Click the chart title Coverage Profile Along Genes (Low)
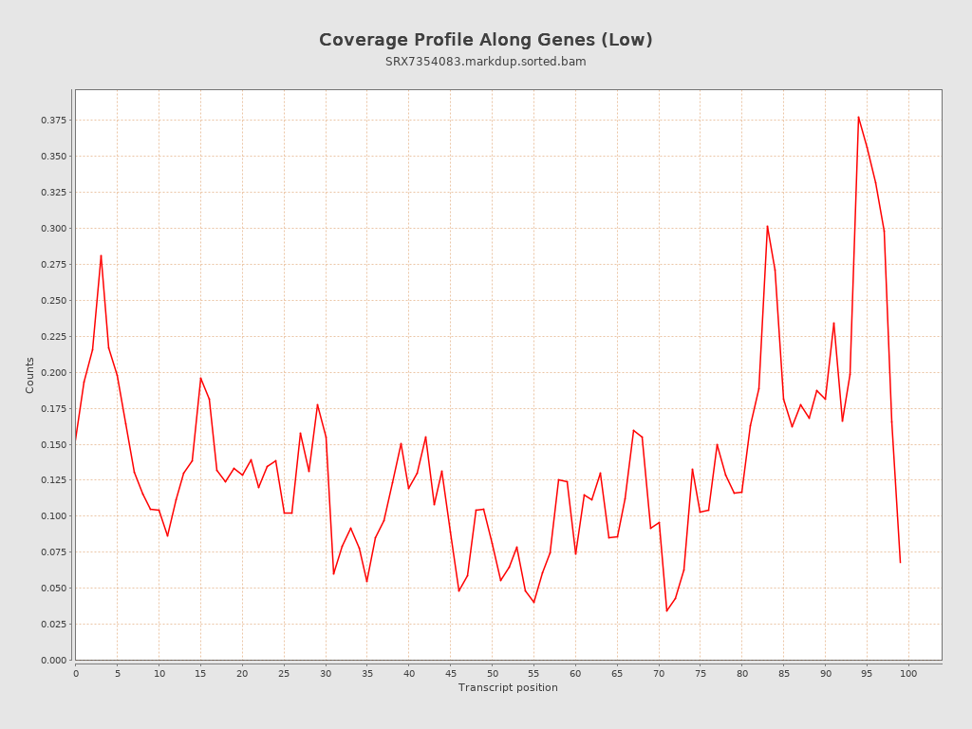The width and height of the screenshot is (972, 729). (x=485, y=40)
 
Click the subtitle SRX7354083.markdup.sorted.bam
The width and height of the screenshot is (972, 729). (x=485, y=62)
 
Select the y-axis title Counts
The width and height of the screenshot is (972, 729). (x=29, y=375)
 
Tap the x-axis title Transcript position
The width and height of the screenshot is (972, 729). (x=508, y=687)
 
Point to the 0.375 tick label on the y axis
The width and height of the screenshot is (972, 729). (x=53, y=121)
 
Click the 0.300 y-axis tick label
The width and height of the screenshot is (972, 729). (x=53, y=229)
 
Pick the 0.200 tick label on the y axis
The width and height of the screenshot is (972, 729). (x=53, y=372)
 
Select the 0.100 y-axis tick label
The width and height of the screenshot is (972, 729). (x=53, y=516)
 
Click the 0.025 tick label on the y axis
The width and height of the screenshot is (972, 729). (x=53, y=625)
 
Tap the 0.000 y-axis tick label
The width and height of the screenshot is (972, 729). (x=53, y=661)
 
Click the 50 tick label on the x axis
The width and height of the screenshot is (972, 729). (x=492, y=674)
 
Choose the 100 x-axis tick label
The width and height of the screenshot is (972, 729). (x=908, y=674)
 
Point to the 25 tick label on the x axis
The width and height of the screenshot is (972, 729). (x=284, y=674)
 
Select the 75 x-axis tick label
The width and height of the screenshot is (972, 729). (x=701, y=674)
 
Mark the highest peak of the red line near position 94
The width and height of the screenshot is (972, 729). (x=858, y=117)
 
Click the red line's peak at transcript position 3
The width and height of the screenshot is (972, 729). (x=101, y=254)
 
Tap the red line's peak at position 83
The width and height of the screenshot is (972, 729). (x=767, y=225)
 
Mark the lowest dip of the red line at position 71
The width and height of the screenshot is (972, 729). (x=666, y=610)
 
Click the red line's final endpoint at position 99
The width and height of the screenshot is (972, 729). (x=900, y=563)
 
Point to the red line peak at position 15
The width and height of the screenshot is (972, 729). (x=200, y=378)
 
